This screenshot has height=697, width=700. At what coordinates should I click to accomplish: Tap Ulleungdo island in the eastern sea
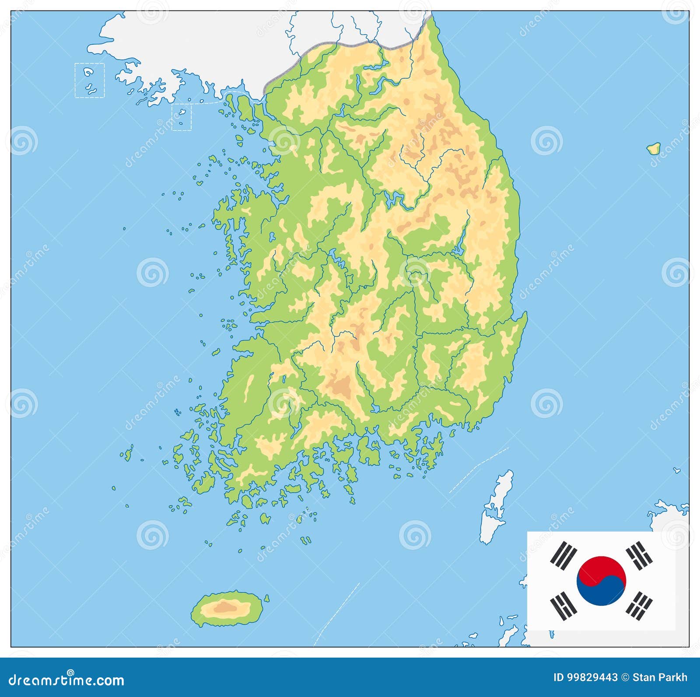pos(654,148)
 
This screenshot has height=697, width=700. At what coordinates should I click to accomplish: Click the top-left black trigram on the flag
pos(563,555)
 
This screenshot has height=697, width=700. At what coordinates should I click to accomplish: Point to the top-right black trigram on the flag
pos(639,555)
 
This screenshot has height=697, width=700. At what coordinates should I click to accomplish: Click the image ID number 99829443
pos(591,678)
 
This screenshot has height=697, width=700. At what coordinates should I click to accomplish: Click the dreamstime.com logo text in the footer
pos(66,679)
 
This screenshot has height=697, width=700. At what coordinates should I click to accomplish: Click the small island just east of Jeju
pos(266,598)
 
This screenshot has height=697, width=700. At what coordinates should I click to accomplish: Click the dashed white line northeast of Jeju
pos(337,613)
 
